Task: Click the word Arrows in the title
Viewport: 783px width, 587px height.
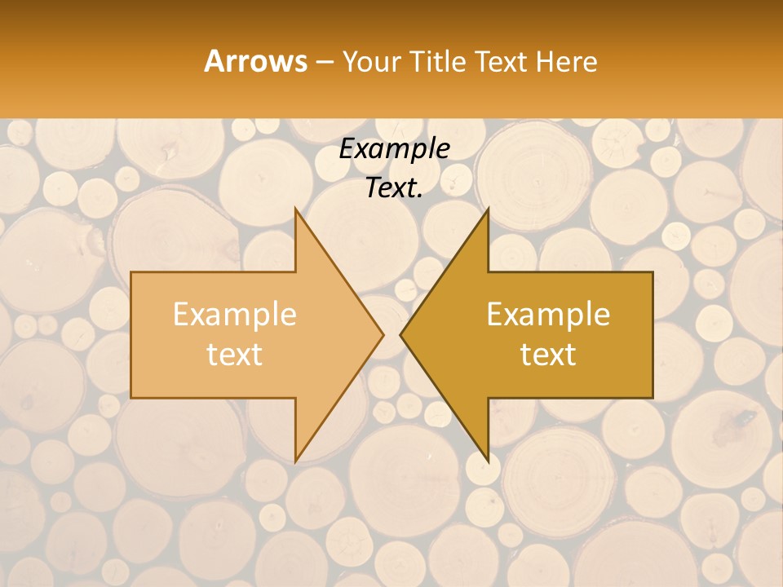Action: click(255, 61)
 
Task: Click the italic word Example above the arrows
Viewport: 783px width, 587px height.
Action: click(394, 148)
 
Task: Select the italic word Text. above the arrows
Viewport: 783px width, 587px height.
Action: click(394, 188)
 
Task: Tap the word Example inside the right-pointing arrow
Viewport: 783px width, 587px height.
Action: click(235, 314)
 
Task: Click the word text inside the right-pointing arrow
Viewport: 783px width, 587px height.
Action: click(235, 355)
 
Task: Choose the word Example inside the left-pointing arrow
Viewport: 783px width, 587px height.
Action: click(548, 314)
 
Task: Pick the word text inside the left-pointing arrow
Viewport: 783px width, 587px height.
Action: click(548, 355)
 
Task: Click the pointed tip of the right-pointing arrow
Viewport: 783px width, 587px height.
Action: click(382, 334)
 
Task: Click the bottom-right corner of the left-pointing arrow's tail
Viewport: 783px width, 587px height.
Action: click(652, 396)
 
